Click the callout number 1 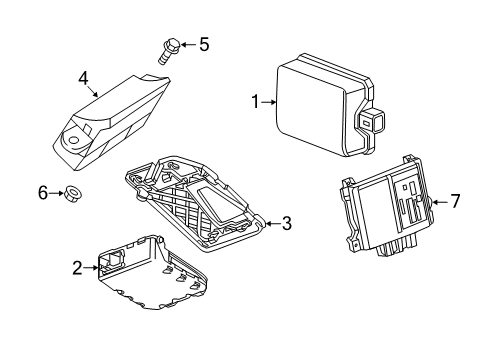point(255,102)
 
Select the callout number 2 point(77,268)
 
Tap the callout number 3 point(287,223)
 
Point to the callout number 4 point(83,79)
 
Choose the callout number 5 point(204,44)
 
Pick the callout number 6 point(43,193)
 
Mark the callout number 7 point(455,201)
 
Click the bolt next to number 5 point(168,51)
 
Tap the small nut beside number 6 point(73,193)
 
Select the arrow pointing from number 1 point(269,102)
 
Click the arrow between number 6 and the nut point(56,193)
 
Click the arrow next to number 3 point(273,224)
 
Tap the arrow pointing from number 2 point(91,267)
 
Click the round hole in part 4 point(74,140)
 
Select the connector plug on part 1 point(371,122)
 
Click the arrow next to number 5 point(189,44)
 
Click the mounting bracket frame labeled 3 point(195,204)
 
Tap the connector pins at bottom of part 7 point(397,247)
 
